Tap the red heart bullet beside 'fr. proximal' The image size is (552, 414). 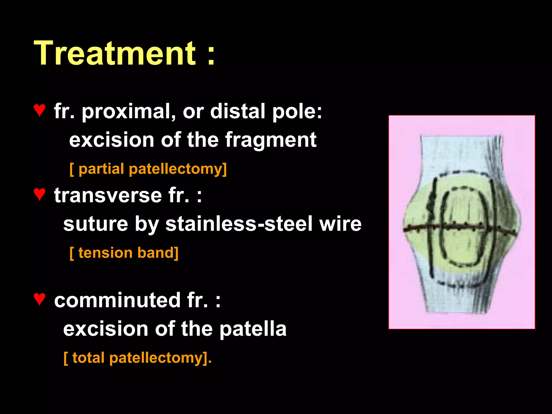[39, 111]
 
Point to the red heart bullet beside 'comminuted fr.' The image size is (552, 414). [39, 299]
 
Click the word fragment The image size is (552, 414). [271, 140]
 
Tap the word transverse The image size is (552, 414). [108, 195]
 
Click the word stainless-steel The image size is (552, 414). [239, 224]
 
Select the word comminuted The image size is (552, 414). [117, 300]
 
